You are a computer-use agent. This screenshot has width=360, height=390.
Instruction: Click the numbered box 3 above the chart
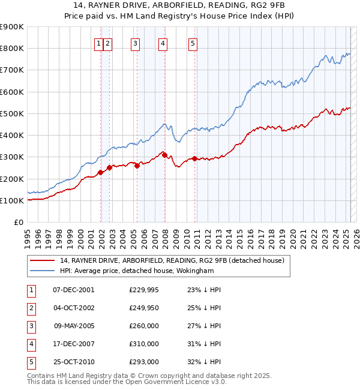[x=136, y=43]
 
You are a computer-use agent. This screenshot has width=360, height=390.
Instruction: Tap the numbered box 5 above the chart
[x=193, y=43]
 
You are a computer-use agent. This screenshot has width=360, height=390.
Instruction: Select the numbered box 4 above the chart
[x=163, y=43]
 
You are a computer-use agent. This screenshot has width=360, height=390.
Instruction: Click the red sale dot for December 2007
[x=164, y=155]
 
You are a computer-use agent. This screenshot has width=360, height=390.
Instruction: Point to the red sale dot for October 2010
[x=195, y=158]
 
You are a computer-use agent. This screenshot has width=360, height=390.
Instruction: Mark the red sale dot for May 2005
[x=137, y=166]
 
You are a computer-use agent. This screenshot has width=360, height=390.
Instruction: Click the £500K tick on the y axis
[x=13, y=113]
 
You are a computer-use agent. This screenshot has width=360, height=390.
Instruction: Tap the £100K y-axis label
[x=13, y=200]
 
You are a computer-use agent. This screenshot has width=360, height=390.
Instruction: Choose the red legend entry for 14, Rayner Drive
[x=175, y=260]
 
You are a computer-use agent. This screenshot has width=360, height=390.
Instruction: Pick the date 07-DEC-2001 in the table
[x=74, y=290]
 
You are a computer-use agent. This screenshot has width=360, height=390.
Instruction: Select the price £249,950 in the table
[x=144, y=308]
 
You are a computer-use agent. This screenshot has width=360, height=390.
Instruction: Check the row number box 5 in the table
[x=31, y=362]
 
